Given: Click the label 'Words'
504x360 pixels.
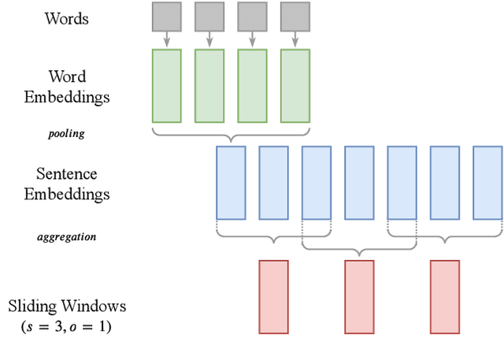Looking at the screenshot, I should point(66,17).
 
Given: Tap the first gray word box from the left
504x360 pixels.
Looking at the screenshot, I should point(166,16).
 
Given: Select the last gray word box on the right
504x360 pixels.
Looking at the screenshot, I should point(295,16).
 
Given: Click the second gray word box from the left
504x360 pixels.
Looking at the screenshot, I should point(209,16).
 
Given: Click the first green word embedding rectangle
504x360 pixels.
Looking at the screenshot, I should point(166,86).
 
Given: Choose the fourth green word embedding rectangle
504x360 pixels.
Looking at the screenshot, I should point(295,86).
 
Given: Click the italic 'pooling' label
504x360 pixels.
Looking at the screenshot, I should point(66,134).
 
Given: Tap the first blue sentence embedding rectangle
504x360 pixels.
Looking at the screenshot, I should point(231,182).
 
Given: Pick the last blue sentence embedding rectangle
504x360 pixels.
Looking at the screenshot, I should point(487,182).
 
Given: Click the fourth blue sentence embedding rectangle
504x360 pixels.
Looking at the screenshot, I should point(359,182).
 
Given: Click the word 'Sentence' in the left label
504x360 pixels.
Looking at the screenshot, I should point(66,173).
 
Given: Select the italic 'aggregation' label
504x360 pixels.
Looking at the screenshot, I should point(66,236).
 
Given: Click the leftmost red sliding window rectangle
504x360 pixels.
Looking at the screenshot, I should point(273,297).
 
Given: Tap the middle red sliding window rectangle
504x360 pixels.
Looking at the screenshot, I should point(359,297).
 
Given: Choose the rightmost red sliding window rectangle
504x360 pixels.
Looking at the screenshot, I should point(445,297).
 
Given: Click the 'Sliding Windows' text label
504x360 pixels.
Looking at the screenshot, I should point(66,306).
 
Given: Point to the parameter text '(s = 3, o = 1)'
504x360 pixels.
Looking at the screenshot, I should point(66,325).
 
